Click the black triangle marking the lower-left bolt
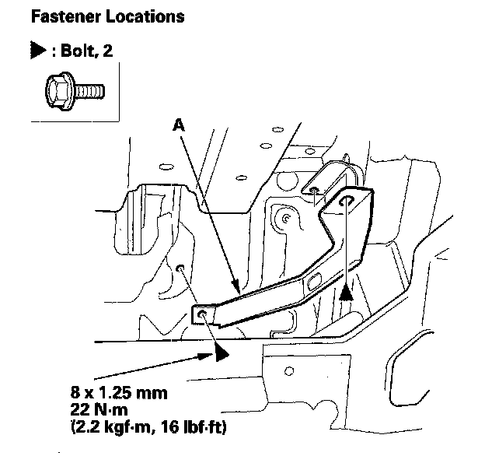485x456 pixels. pos(222,353)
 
